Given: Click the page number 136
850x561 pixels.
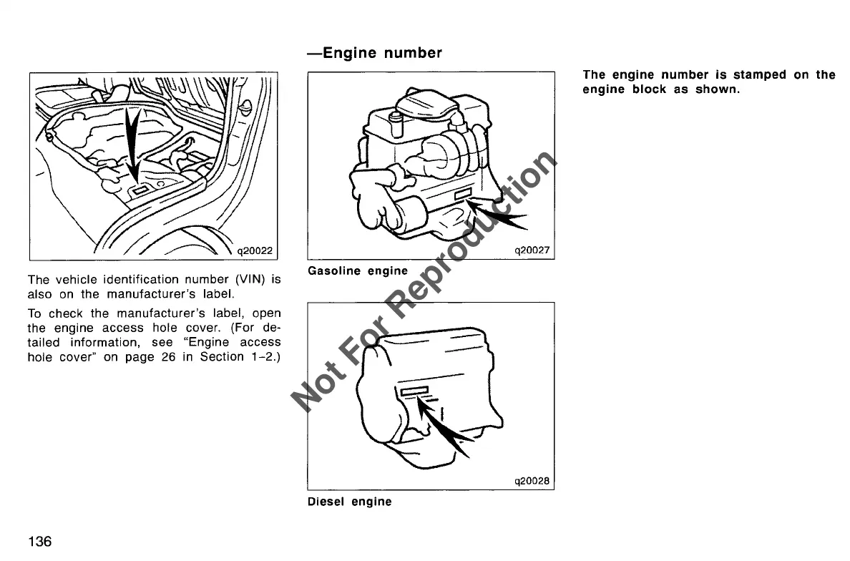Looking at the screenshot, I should coord(39,541).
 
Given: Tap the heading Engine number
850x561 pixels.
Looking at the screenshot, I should coord(374,53).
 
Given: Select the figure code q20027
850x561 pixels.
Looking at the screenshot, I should coord(532,250).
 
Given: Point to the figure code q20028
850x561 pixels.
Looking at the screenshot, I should coord(532,481).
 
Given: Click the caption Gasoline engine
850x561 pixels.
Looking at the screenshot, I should coord(357,271).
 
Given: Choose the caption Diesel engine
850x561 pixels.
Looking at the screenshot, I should coord(349,502).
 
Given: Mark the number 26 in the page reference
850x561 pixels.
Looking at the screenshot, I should coord(168,357).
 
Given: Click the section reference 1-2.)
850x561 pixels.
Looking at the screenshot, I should coord(264,357).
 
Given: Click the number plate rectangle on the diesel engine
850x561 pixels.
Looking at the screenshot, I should coord(414,390).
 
